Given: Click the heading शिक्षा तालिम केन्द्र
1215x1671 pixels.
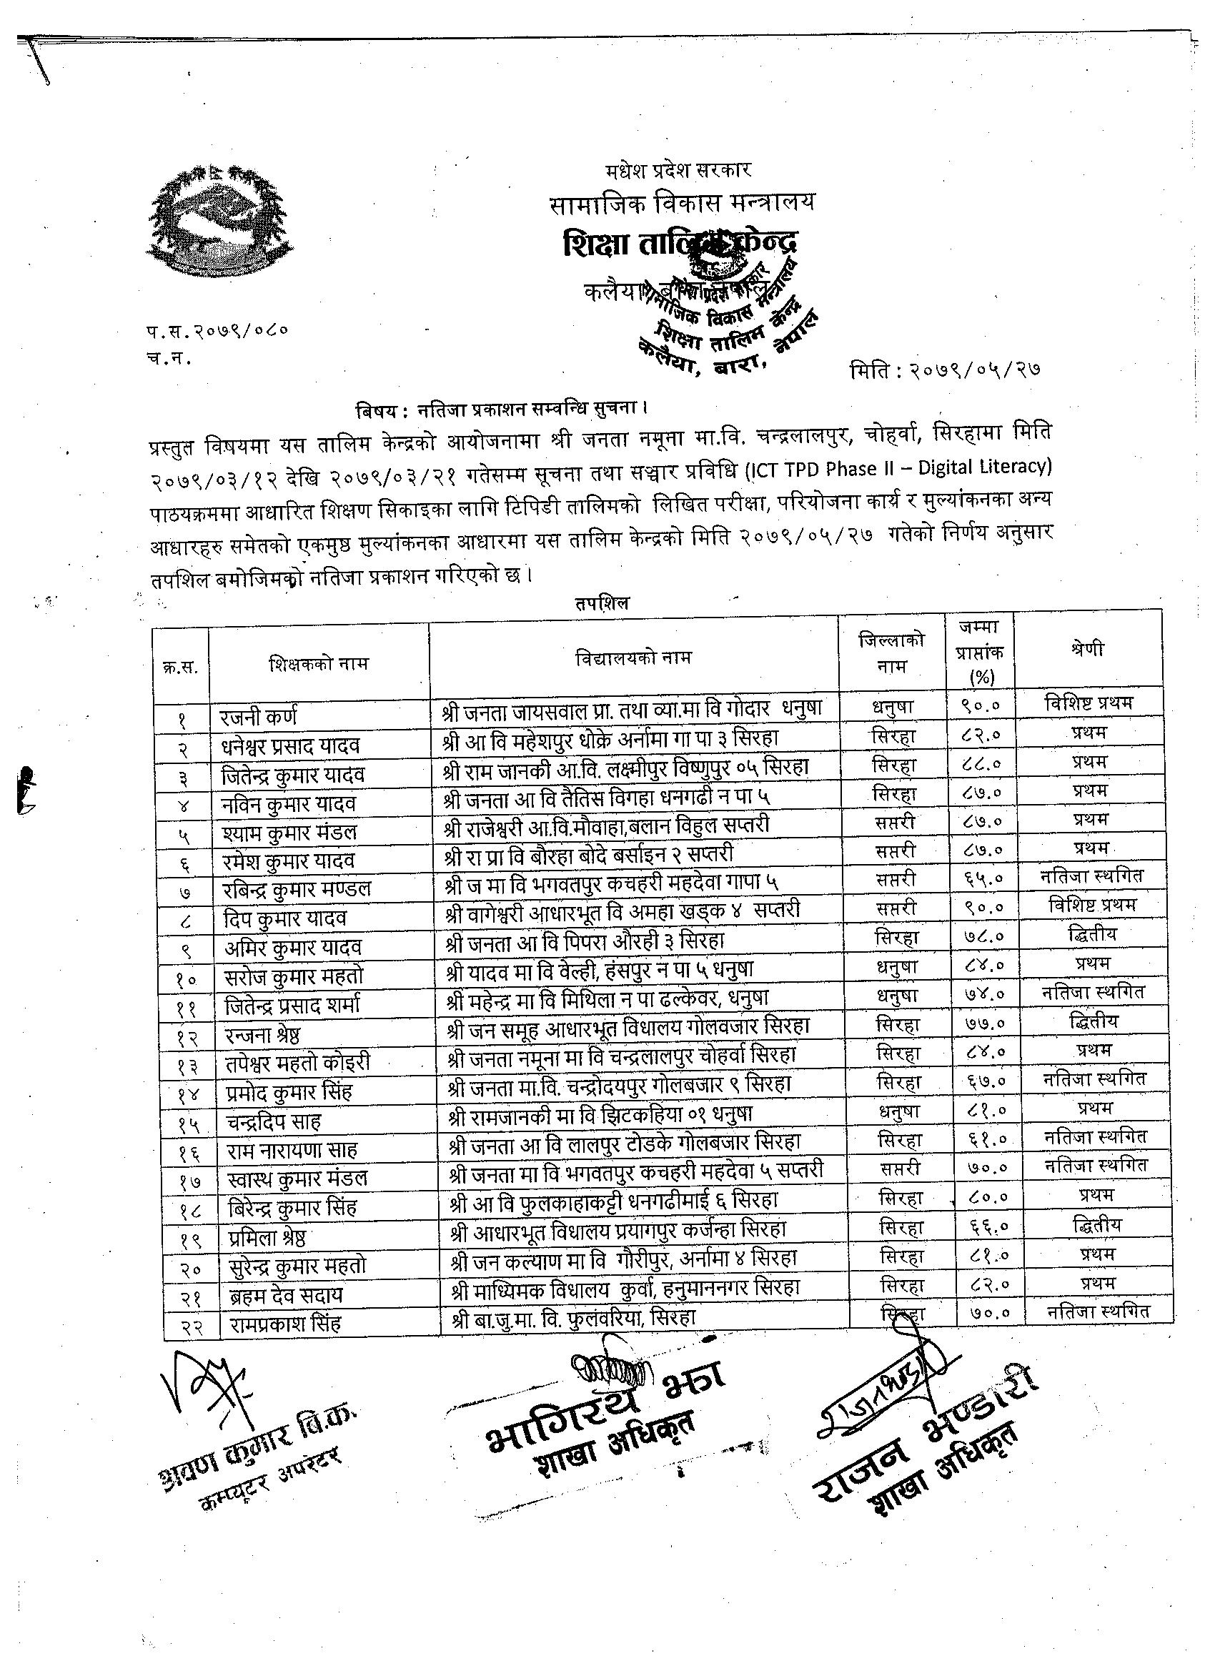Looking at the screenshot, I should [678, 244].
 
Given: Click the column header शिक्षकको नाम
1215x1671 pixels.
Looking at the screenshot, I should [318, 663].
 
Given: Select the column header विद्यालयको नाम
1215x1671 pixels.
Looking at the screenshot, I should [633, 658].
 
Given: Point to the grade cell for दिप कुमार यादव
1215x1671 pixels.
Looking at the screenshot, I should [1092, 904].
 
